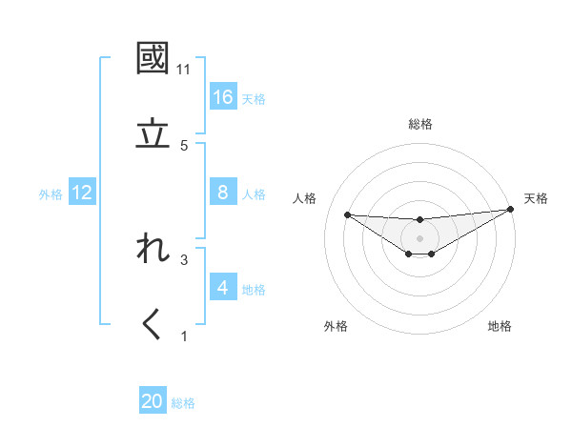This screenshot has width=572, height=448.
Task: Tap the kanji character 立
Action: tap(153, 133)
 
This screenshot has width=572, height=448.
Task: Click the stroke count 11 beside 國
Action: tap(184, 70)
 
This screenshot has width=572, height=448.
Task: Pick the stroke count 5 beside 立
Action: tap(184, 146)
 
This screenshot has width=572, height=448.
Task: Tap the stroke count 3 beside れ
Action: tap(184, 259)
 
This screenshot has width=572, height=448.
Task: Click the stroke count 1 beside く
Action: tap(184, 336)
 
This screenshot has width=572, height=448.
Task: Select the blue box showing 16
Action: tap(223, 97)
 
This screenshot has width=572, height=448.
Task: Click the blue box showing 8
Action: tap(223, 193)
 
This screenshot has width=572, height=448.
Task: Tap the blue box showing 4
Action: tap(223, 288)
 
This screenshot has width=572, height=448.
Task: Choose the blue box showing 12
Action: tap(82, 193)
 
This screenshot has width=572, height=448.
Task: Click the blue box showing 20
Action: tap(153, 402)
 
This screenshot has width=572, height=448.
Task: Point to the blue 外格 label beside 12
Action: tap(51, 194)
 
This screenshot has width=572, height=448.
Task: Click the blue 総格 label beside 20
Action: tap(184, 403)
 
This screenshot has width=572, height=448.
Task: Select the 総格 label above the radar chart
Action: tap(420, 124)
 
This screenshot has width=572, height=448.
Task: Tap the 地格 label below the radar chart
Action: tap(500, 326)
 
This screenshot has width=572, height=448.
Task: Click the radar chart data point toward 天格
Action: tap(511, 210)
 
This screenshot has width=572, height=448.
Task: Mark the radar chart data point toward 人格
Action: tap(347, 214)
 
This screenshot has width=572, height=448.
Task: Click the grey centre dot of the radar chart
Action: tap(419, 237)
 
